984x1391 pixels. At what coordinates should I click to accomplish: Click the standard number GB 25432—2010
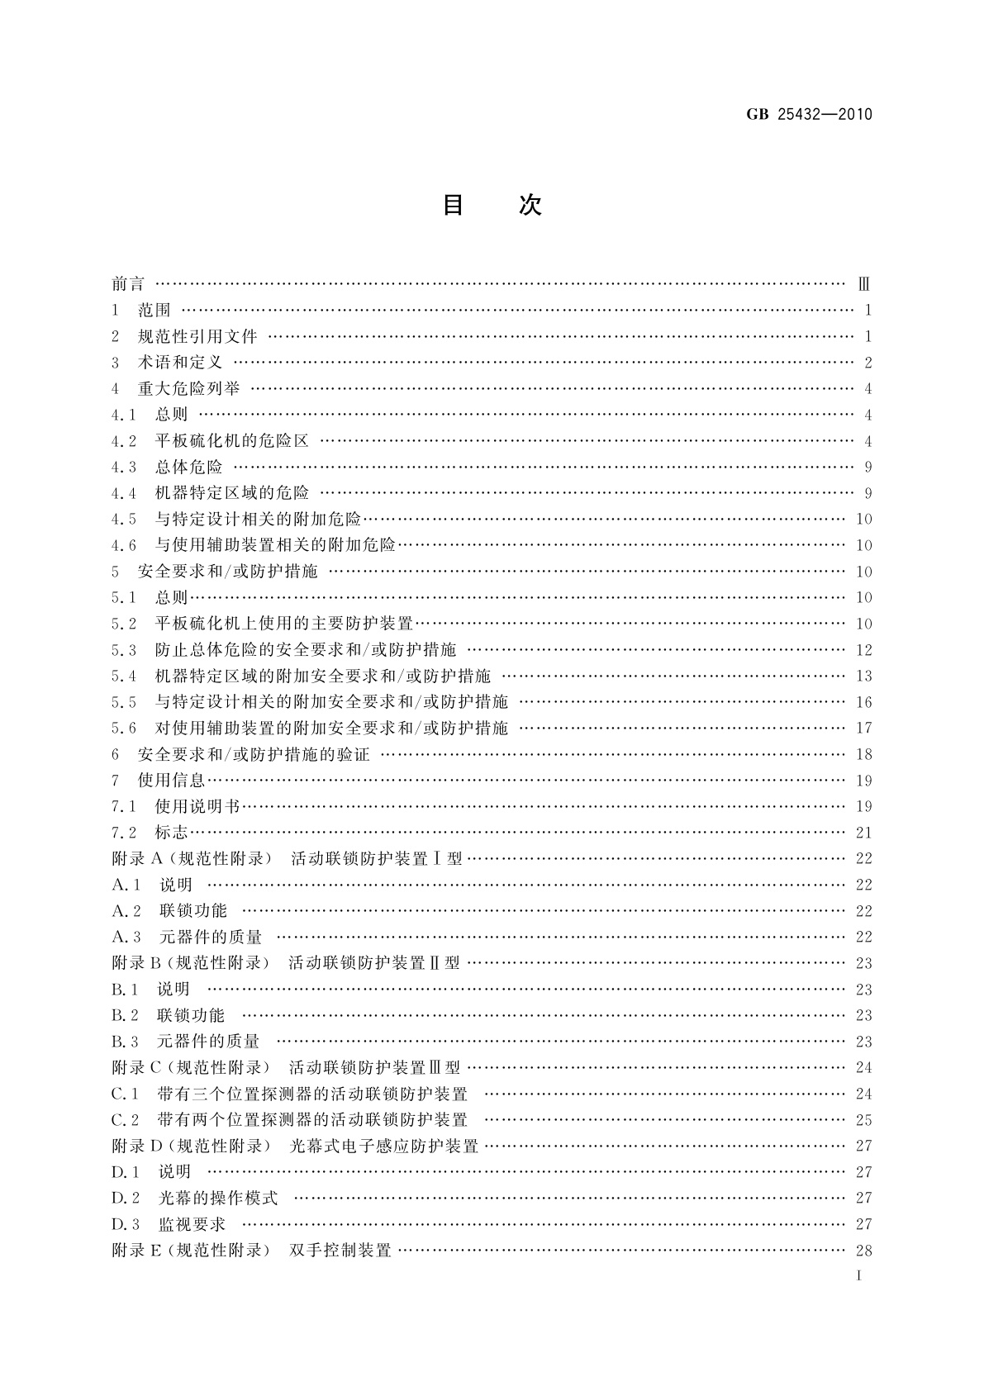809,115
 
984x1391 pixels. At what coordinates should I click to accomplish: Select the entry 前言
128,284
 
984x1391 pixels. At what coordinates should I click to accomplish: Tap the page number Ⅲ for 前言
863,284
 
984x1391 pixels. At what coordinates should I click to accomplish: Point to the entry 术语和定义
180,363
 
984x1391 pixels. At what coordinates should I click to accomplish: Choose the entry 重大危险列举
188,388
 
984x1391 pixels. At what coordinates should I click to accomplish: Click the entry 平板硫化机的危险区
231,441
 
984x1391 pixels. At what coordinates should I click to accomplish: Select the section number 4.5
124,520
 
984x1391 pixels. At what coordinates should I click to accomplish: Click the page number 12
863,650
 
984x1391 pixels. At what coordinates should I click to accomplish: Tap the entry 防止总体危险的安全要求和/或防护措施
306,650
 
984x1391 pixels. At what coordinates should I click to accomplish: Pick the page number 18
863,754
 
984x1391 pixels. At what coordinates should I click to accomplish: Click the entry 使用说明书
197,806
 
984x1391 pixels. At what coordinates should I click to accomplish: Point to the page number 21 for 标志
863,833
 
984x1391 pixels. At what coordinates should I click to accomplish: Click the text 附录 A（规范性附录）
192,858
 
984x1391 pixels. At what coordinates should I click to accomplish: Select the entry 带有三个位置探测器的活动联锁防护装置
312,1094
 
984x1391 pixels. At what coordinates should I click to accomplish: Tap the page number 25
863,1120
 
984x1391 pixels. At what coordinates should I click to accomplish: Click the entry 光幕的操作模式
218,1198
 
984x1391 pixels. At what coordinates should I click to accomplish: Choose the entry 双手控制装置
340,1250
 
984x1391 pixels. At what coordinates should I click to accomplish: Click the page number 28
863,1250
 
